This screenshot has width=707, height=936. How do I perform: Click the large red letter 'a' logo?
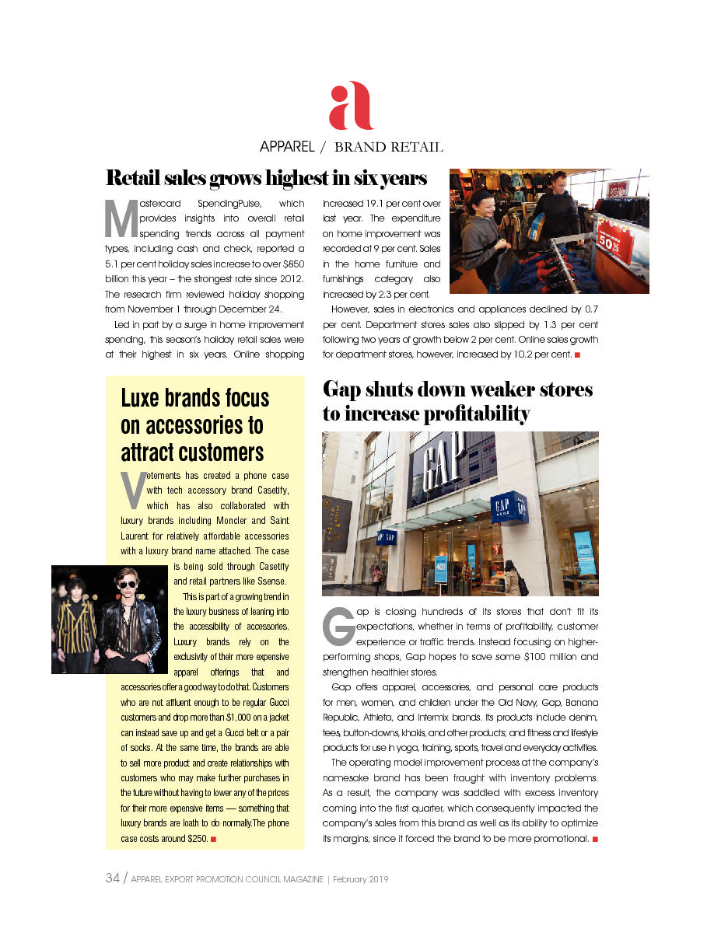coord(351,106)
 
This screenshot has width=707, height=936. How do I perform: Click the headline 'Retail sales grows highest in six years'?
coord(266,178)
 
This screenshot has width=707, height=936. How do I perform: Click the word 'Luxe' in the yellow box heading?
coord(148,399)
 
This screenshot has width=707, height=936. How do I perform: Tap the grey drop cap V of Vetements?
coord(133,487)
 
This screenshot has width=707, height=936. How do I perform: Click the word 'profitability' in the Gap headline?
coord(475,414)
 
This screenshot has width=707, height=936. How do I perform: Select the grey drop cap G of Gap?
coord(338,627)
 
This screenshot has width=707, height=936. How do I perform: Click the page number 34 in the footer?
coord(112,878)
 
